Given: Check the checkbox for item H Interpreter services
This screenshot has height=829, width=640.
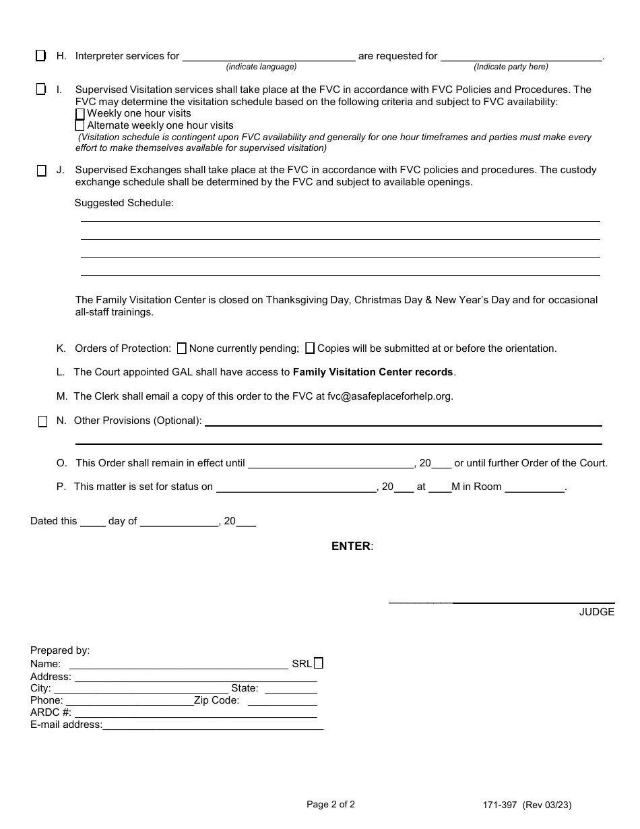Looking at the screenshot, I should [x=41, y=55].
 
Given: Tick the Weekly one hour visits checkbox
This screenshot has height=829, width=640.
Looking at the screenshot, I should [x=80, y=114].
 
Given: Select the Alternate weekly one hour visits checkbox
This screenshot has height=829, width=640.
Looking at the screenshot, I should [x=80, y=125].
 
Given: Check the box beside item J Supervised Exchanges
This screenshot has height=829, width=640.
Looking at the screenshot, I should [x=42, y=171].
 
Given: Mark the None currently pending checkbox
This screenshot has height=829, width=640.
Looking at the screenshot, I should [x=181, y=348].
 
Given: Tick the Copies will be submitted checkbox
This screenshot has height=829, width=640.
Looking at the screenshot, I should [x=310, y=348].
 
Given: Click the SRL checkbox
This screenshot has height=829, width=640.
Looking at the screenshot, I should [x=319, y=663].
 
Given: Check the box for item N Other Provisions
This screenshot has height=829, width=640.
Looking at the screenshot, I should [x=42, y=421].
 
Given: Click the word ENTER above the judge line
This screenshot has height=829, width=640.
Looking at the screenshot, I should [x=351, y=546].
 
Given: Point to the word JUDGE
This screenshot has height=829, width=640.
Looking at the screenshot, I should [x=597, y=612].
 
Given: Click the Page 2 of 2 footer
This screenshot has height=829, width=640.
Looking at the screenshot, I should [x=331, y=804].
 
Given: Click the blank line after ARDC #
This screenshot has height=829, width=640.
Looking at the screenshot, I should [x=195, y=712].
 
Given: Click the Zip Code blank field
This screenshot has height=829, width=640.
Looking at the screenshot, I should [x=282, y=700].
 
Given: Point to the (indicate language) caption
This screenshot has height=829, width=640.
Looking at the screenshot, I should [x=261, y=67].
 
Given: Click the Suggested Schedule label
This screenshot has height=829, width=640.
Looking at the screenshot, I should [x=124, y=203].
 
